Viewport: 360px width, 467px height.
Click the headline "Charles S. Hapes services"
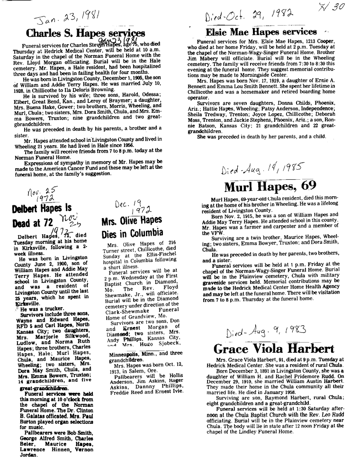(x=85, y=33)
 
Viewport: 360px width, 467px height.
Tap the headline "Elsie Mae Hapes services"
(x=261, y=32)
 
